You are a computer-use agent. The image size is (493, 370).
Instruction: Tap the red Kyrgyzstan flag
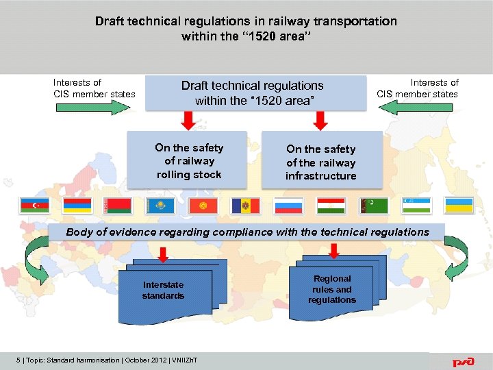203,206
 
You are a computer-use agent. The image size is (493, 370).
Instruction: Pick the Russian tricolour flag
288,206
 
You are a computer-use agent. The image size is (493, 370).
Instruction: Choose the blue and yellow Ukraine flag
459,206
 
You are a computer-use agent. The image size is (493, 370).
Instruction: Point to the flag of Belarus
118,206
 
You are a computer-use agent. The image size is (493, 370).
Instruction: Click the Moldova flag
246,206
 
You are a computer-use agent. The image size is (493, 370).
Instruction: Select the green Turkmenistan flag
374,206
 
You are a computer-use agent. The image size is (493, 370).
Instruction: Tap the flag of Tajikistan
331,206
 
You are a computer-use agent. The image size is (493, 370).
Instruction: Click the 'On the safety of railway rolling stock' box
188,161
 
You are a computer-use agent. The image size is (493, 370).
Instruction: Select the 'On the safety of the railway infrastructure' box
321,162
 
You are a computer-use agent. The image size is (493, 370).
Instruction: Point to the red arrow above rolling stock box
187,121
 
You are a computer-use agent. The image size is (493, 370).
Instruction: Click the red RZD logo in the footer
462,361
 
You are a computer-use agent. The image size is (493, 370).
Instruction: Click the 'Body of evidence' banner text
247,232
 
